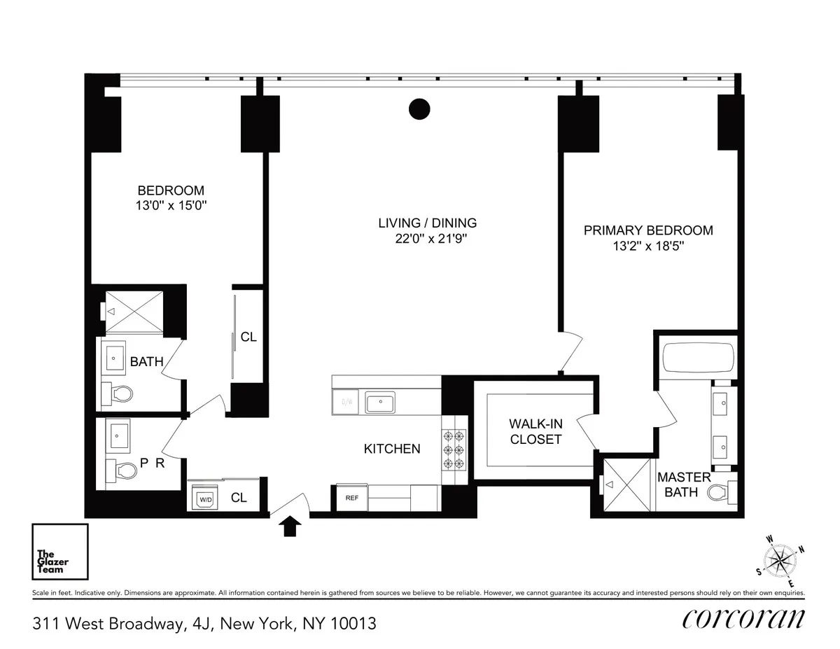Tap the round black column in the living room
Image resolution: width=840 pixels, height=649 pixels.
pyautogui.click(x=419, y=109)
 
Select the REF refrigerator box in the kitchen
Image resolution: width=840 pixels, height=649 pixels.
pyautogui.click(x=351, y=497)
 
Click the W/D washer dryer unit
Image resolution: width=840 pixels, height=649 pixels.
pyautogui.click(x=204, y=499)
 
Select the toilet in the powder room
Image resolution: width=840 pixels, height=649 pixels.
pyautogui.click(x=120, y=470)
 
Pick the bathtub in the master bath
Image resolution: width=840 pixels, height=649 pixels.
pyautogui.click(x=696, y=358)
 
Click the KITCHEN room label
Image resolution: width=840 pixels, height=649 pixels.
pyautogui.click(x=392, y=449)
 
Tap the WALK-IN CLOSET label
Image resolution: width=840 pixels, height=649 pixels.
pyautogui.click(x=535, y=431)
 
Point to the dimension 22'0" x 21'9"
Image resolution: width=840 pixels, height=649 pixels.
pyautogui.click(x=427, y=239)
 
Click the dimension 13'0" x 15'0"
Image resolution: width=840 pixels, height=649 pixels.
pyautogui.click(x=171, y=206)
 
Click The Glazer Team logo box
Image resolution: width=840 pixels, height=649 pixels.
pyautogui.click(x=59, y=552)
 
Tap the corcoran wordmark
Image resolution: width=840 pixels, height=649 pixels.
pyautogui.click(x=743, y=619)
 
